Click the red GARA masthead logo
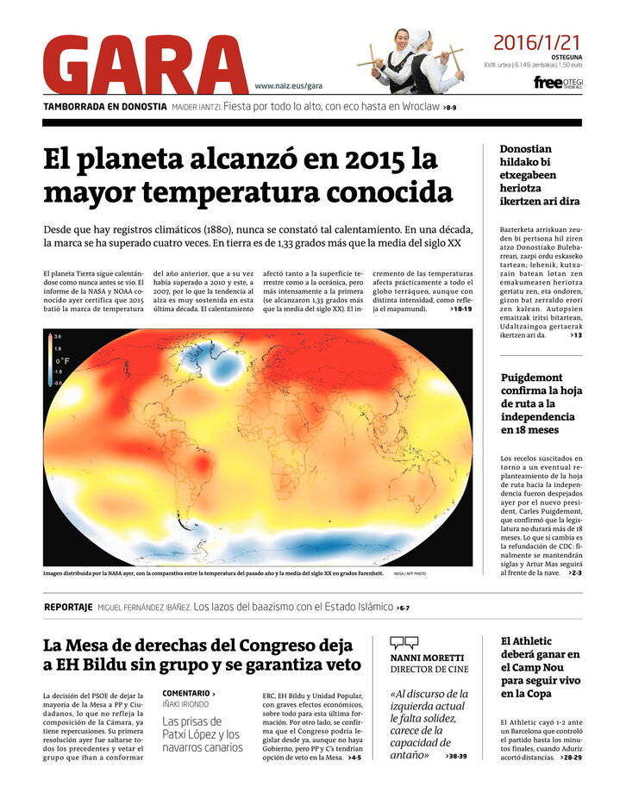[143, 65]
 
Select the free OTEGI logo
[558, 83]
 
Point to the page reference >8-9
[449, 108]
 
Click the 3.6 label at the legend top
[58, 337]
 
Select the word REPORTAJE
[68, 607]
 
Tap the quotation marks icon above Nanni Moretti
[404, 642]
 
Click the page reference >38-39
[455, 756]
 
